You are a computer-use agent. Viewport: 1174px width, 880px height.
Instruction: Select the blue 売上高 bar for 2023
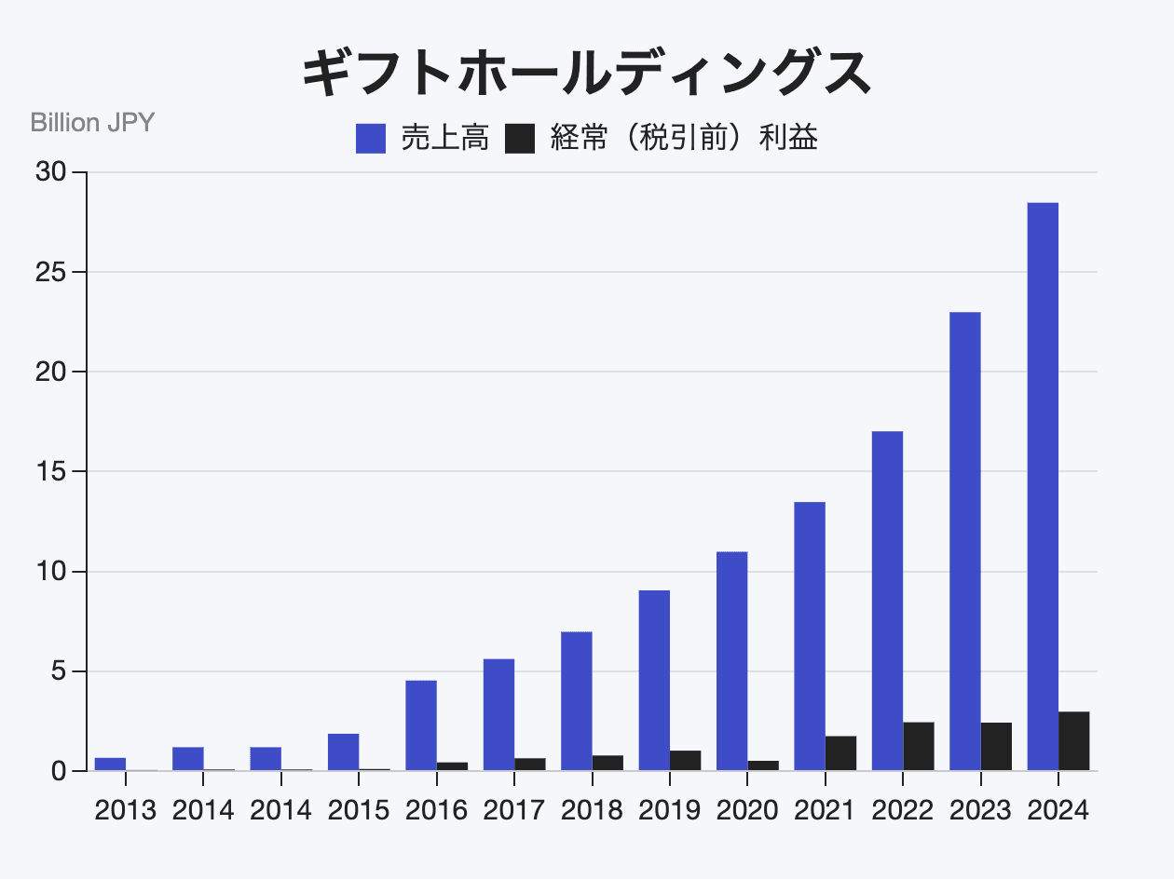pyautogui.click(x=964, y=541)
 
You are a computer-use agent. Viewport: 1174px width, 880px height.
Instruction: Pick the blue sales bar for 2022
pyautogui.click(x=887, y=601)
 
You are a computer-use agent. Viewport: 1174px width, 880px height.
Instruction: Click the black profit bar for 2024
pyautogui.click(x=1073, y=741)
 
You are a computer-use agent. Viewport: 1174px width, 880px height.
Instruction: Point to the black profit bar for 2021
pyautogui.click(x=840, y=753)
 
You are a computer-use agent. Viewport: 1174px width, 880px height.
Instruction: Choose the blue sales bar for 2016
pyautogui.click(x=421, y=725)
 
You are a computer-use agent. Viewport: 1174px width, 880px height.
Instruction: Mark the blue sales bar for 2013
pyautogui.click(x=110, y=765)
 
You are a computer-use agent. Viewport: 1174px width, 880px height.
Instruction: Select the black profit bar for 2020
pyautogui.click(x=763, y=765)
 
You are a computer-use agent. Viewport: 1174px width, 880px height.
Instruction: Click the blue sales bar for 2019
pyautogui.click(x=654, y=681)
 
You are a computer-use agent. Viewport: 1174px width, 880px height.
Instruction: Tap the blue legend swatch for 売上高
pyautogui.click(x=371, y=139)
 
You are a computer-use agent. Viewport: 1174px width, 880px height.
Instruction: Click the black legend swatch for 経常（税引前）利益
pyautogui.click(x=520, y=139)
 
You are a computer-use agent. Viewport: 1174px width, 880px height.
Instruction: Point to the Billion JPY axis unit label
pyautogui.click(x=92, y=122)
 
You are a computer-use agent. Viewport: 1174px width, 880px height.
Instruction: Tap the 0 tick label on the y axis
pyautogui.click(x=58, y=771)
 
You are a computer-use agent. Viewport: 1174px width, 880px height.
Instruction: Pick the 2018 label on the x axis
pyautogui.click(x=592, y=810)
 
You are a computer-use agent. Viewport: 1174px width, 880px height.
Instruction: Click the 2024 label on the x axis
pyautogui.click(x=1058, y=810)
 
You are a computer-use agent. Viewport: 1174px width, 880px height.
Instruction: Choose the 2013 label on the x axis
pyautogui.click(x=126, y=810)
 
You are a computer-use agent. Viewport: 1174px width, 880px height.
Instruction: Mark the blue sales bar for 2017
pyautogui.click(x=498, y=714)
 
